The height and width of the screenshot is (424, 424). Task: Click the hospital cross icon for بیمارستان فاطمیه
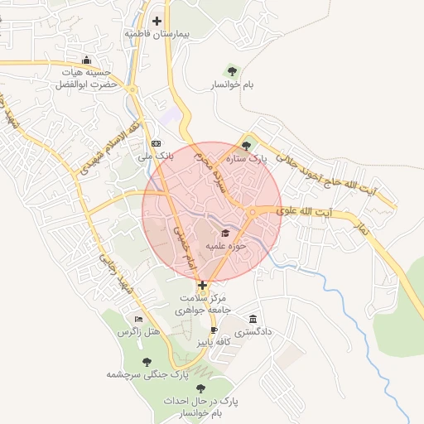(157, 21)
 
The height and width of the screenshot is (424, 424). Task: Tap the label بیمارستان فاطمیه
(157, 35)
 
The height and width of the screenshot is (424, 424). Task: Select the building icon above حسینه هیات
(88, 60)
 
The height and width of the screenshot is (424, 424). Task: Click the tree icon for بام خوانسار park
(231, 70)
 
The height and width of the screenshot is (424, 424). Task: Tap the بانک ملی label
(155, 155)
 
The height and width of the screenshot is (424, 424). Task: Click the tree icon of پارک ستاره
(245, 145)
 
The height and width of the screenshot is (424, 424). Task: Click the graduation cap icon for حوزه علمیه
(225, 233)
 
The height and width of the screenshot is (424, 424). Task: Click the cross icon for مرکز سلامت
(202, 284)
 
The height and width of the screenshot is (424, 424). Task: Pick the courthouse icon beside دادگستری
(253, 320)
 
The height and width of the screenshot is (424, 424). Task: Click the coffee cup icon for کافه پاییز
(203, 329)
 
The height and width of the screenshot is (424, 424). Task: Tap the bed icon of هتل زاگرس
(138, 320)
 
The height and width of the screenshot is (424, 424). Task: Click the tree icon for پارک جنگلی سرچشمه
(147, 362)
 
